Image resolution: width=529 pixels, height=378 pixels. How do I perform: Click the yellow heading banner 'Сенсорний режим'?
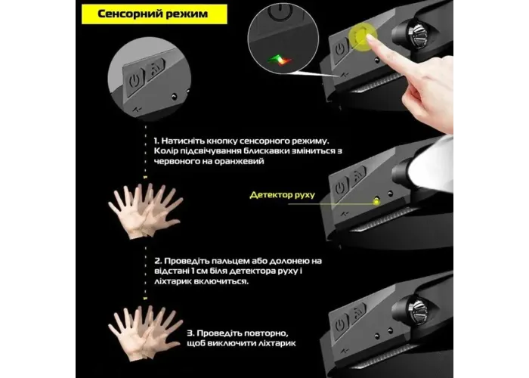coord(154,14)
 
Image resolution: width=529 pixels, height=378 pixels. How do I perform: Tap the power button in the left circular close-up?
coord(135,82)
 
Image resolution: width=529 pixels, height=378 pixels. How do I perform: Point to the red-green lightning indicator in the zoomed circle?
coord(280,60)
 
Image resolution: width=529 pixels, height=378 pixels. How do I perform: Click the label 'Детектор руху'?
coord(282,195)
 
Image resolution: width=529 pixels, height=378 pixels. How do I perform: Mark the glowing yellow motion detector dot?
coord(376,202)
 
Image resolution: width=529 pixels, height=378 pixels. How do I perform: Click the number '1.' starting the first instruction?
coord(156,141)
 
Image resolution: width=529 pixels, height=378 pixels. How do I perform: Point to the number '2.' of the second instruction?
coord(158,261)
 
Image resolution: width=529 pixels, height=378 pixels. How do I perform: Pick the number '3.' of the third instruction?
coord(190,333)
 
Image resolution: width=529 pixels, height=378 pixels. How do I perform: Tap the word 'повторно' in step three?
coord(243,333)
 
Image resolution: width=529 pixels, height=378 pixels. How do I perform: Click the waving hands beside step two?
coord(145,211)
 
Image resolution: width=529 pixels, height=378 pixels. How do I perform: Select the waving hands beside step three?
coord(145,333)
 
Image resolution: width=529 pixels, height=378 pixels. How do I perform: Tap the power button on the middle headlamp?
coord(340,187)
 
